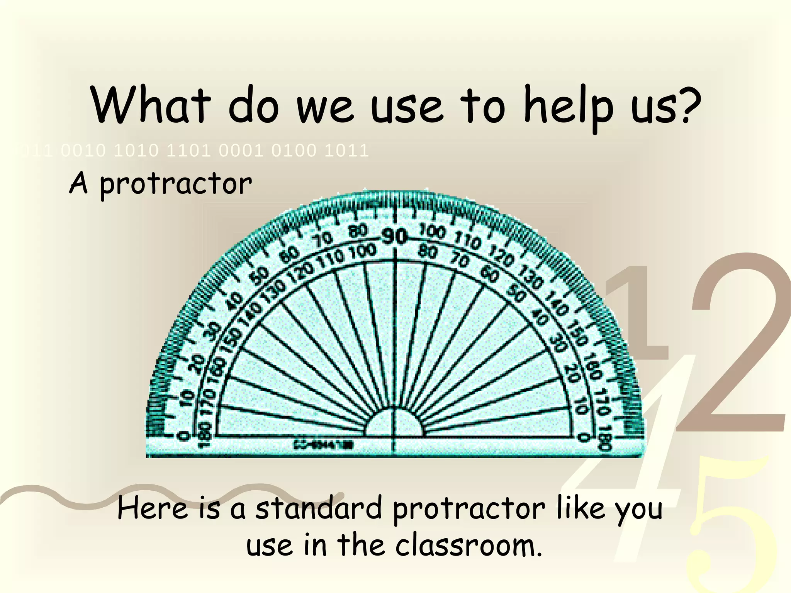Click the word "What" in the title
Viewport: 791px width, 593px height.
tap(151, 105)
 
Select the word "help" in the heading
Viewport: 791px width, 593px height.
tap(568, 107)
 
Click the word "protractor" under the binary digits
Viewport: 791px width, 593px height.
tap(176, 185)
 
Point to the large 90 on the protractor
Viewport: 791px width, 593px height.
tap(394, 236)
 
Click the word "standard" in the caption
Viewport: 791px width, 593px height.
tap(319, 509)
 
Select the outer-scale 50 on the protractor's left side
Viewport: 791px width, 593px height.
tap(261, 275)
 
